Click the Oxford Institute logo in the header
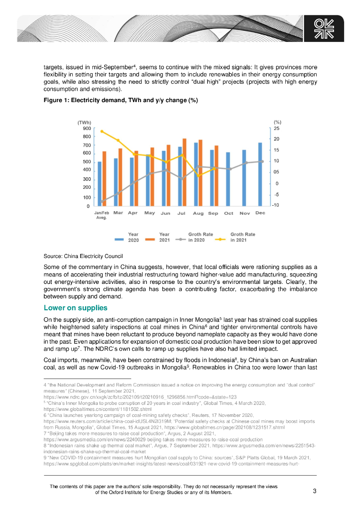328,29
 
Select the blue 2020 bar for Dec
260,174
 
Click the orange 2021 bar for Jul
184,172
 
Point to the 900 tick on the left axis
87,128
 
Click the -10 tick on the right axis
276,205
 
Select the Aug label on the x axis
198,213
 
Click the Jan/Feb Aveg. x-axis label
102,215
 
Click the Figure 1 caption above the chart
121,101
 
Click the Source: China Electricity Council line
80,256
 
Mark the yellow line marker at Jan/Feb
102,131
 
